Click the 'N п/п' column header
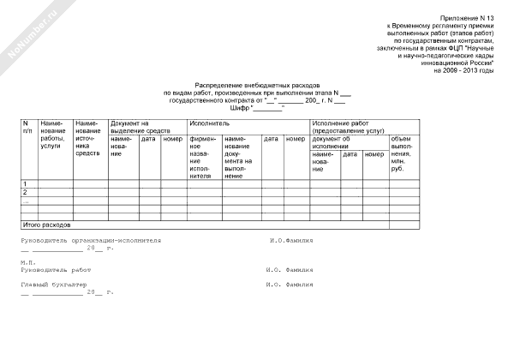(x=28, y=128)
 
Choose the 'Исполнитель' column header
(x=209, y=123)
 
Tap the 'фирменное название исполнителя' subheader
(x=202, y=156)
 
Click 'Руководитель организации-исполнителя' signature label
(x=91, y=241)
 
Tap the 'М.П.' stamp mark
(x=27, y=262)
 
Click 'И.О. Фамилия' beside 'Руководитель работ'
(x=290, y=269)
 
